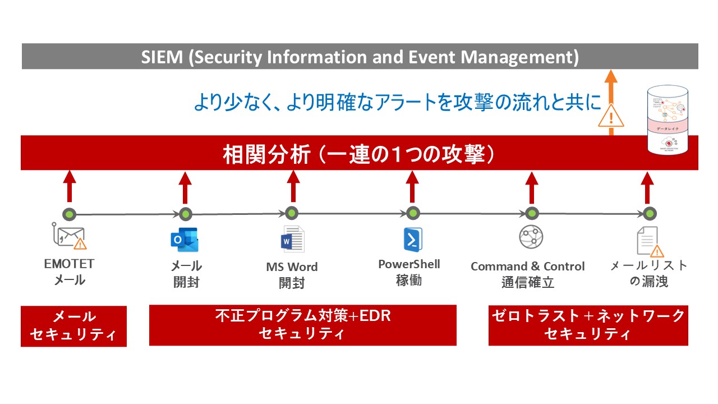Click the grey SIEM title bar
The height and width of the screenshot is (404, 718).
tap(360, 57)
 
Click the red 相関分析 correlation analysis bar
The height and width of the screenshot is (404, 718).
tap(360, 153)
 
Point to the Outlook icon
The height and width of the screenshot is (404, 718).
tap(185, 240)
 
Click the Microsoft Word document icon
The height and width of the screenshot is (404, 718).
tap(292, 240)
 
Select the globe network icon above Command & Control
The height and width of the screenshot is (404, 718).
tap(531, 237)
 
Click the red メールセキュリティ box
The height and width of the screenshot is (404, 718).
tap(73, 326)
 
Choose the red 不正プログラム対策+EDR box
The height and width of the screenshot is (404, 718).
tap(302, 325)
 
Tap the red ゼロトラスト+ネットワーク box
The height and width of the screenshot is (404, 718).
tap(588, 325)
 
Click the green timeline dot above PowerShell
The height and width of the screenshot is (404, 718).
tap(413, 214)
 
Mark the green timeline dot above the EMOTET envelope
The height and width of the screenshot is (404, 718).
tap(69, 214)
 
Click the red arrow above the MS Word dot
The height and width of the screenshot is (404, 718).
tap(293, 186)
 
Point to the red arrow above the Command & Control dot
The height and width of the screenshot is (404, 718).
tap(531, 187)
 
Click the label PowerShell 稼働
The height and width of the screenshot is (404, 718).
tap(409, 272)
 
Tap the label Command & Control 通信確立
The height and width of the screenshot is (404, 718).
tap(527, 274)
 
